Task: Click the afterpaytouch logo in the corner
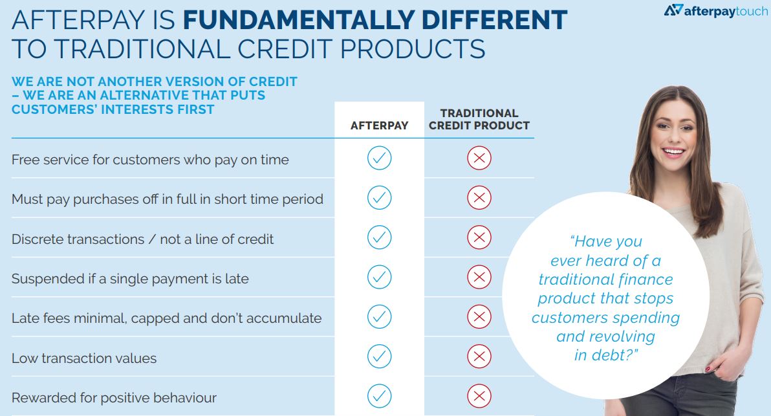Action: coord(716,10)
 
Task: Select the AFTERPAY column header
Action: coord(379,126)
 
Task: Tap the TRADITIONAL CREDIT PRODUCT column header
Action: coord(479,120)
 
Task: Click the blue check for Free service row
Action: coord(380,158)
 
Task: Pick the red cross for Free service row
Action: coord(479,158)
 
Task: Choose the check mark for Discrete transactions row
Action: coord(380,237)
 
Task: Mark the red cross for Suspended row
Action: coord(479,277)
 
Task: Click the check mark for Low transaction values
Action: coord(380,356)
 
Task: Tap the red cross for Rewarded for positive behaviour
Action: coord(479,396)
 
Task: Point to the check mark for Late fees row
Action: coord(380,316)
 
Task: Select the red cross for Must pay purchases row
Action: coord(479,198)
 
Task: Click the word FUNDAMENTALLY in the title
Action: coord(298,20)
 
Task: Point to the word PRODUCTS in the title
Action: coord(412,49)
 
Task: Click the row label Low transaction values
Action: coord(84,358)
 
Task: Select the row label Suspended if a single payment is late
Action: coord(130,279)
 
